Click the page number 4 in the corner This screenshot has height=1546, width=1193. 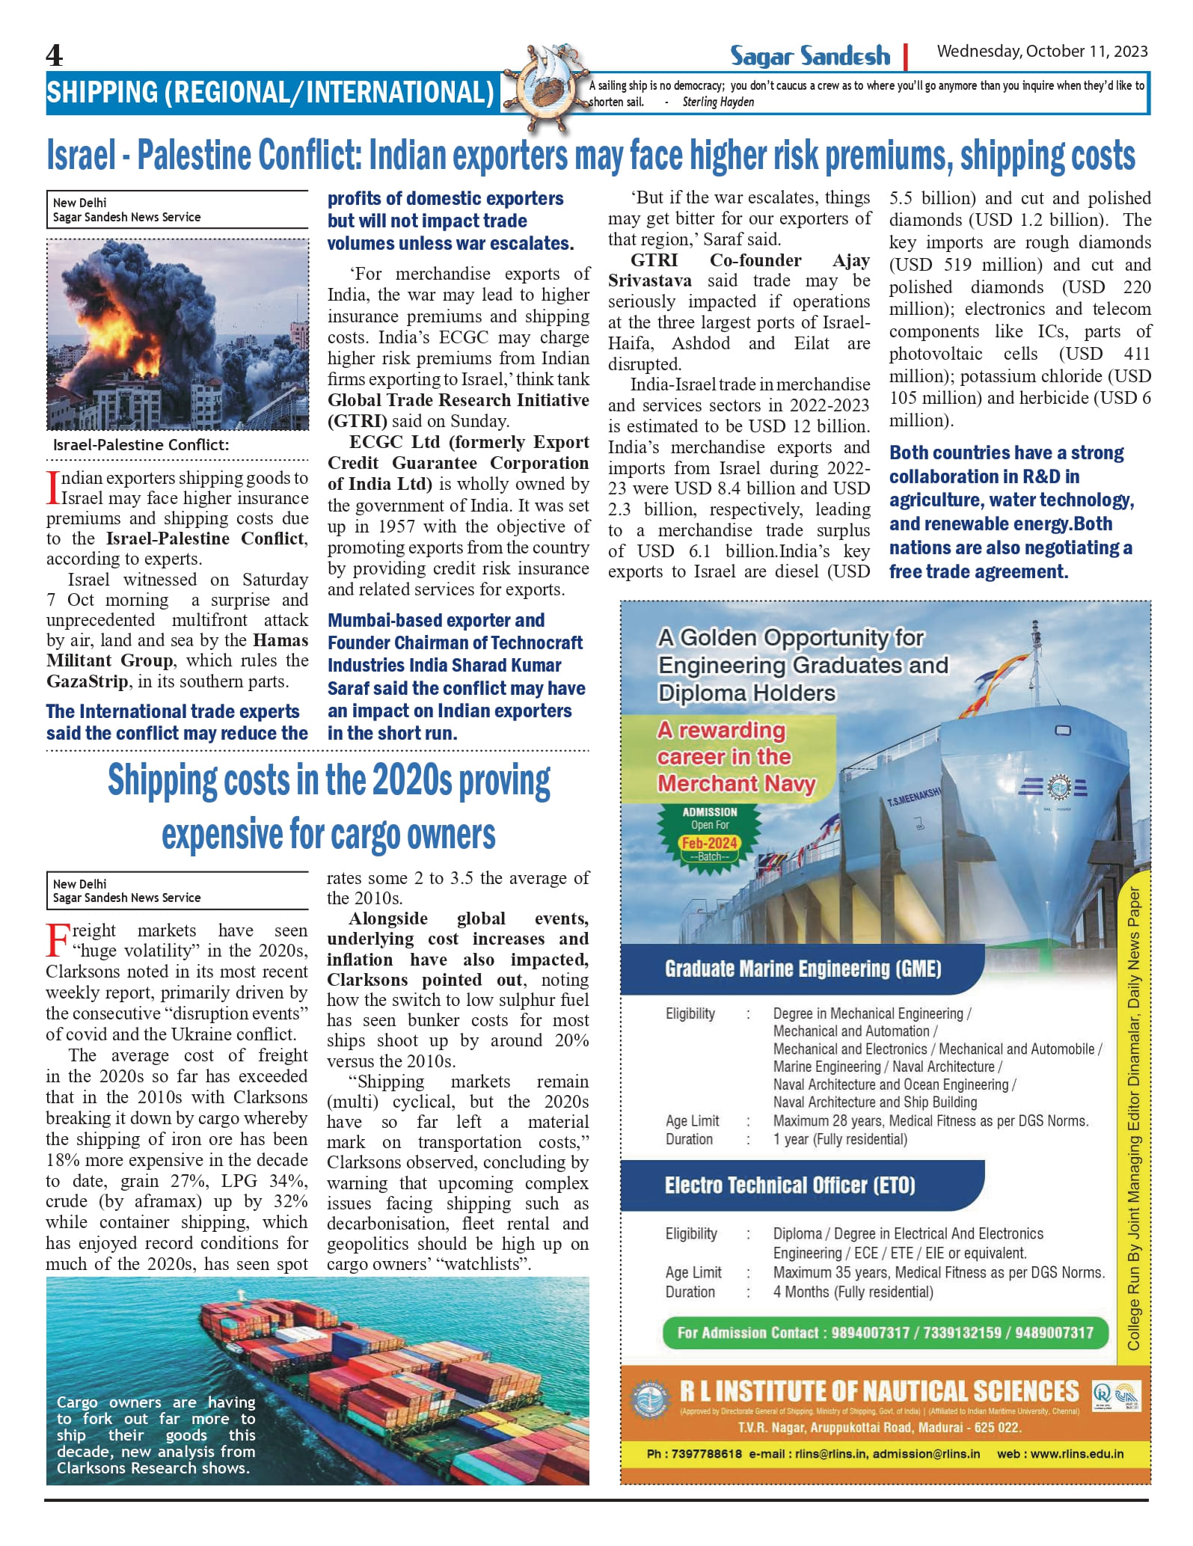(55, 55)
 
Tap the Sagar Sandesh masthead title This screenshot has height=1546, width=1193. (809, 56)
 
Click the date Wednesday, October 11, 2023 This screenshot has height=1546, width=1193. (1042, 51)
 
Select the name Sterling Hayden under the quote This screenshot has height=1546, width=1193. (717, 102)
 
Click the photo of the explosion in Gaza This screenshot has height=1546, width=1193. (177, 334)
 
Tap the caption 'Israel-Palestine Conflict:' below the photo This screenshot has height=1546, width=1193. (141, 445)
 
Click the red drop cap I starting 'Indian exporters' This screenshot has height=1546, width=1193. (52, 487)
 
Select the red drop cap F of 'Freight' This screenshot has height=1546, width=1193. (58, 940)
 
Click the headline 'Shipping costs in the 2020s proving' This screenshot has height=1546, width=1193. (329, 781)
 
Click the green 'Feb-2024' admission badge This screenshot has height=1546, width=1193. (709, 843)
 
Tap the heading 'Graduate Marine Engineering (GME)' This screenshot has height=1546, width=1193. (803, 969)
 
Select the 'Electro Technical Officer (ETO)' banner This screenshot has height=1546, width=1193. (790, 1185)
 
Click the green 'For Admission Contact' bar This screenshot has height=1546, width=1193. (885, 1333)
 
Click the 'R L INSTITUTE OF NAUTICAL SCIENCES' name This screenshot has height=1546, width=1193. (879, 1392)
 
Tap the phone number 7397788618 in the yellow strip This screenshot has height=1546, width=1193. (706, 1454)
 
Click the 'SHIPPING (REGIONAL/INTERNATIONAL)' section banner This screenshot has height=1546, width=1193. (270, 93)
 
